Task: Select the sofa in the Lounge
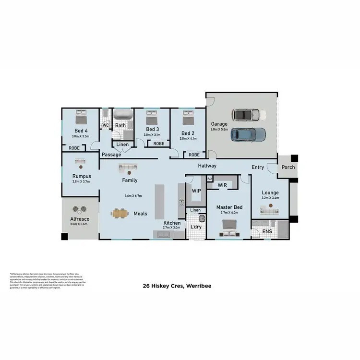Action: [x=269, y=209]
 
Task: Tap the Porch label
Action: [x=288, y=167]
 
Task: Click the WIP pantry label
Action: [x=196, y=191]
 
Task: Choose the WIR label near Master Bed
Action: [x=222, y=184]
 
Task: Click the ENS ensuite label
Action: [x=267, y=232]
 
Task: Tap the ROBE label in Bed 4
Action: [x=74, y=148]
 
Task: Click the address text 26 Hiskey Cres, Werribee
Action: [x=180, y=286]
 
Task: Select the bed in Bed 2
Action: [x=187, y=117]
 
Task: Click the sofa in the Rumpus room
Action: [x=79, y=162]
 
